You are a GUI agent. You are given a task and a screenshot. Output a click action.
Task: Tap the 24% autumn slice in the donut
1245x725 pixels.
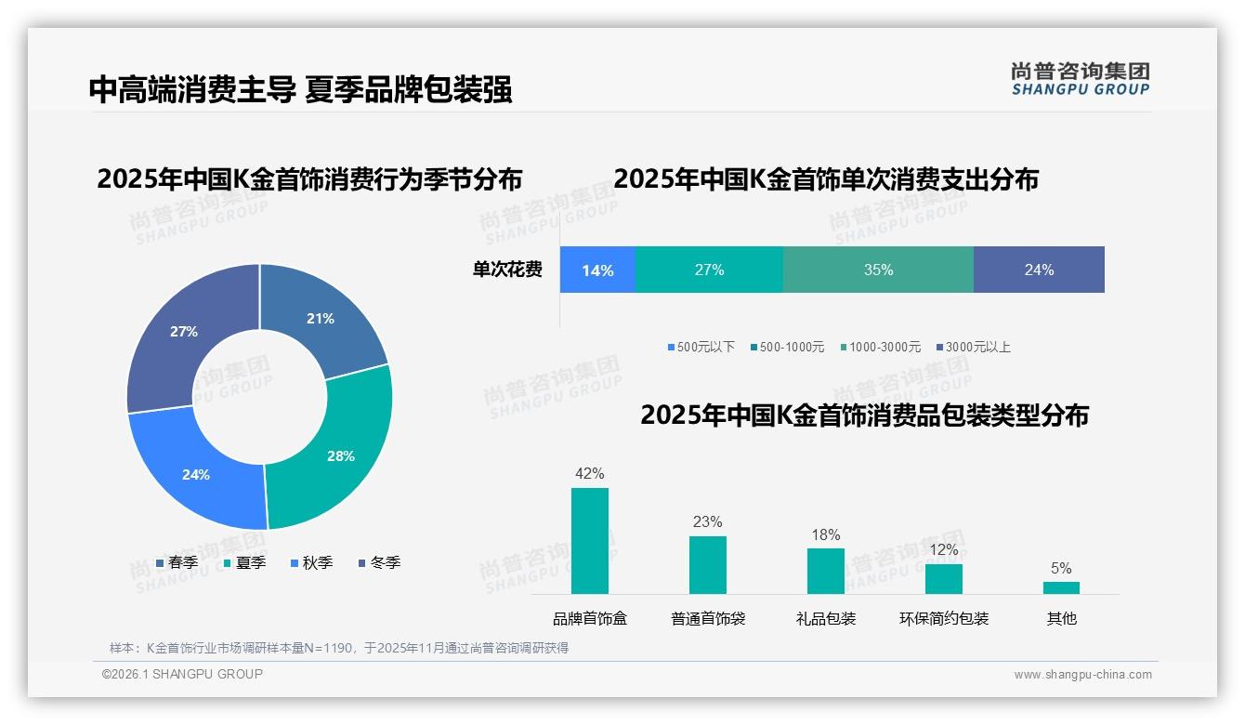pyautogui.click(x=196, y=474)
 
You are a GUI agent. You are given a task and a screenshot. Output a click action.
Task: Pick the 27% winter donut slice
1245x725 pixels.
pyautogui.click(x=184, y=332)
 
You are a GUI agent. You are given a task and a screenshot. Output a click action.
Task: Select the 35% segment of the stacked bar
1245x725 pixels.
pyautogui.click(x=878, y=270)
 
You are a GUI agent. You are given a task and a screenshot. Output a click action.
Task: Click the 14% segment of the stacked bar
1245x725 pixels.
pyautogui.click(x=597, y=270)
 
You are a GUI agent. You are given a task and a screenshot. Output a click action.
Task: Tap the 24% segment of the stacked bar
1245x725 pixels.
pyautogui.click(x=1039, y=270)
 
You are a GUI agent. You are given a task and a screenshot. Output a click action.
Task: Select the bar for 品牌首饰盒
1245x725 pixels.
pyautogui.click(x=590, y=541)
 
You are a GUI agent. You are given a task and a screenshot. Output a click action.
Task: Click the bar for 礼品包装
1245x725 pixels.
pyautogui.click(x=826, y=571)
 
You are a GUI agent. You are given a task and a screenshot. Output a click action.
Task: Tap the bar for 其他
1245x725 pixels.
pyautogui.click(x=1061, y=587)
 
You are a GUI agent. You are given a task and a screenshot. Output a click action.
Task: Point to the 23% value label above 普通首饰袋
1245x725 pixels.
pyautogui.click(x=707, y=522)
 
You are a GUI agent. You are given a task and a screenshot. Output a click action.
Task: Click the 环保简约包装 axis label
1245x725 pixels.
pyautogui.click(x=944, y=618)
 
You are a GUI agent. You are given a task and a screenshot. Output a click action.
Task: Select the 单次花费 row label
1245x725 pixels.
pyautogui.click(x=507, y=270)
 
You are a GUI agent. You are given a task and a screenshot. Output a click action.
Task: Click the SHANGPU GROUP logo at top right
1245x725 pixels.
pyautogui.click(x=1080, y=79)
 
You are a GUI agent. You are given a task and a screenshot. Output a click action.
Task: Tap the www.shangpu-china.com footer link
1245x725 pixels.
pyautogui.click(x=1082, y=675)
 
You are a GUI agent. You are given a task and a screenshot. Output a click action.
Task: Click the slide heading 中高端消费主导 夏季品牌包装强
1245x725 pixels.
pyautogui.click(x=300, y=89)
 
